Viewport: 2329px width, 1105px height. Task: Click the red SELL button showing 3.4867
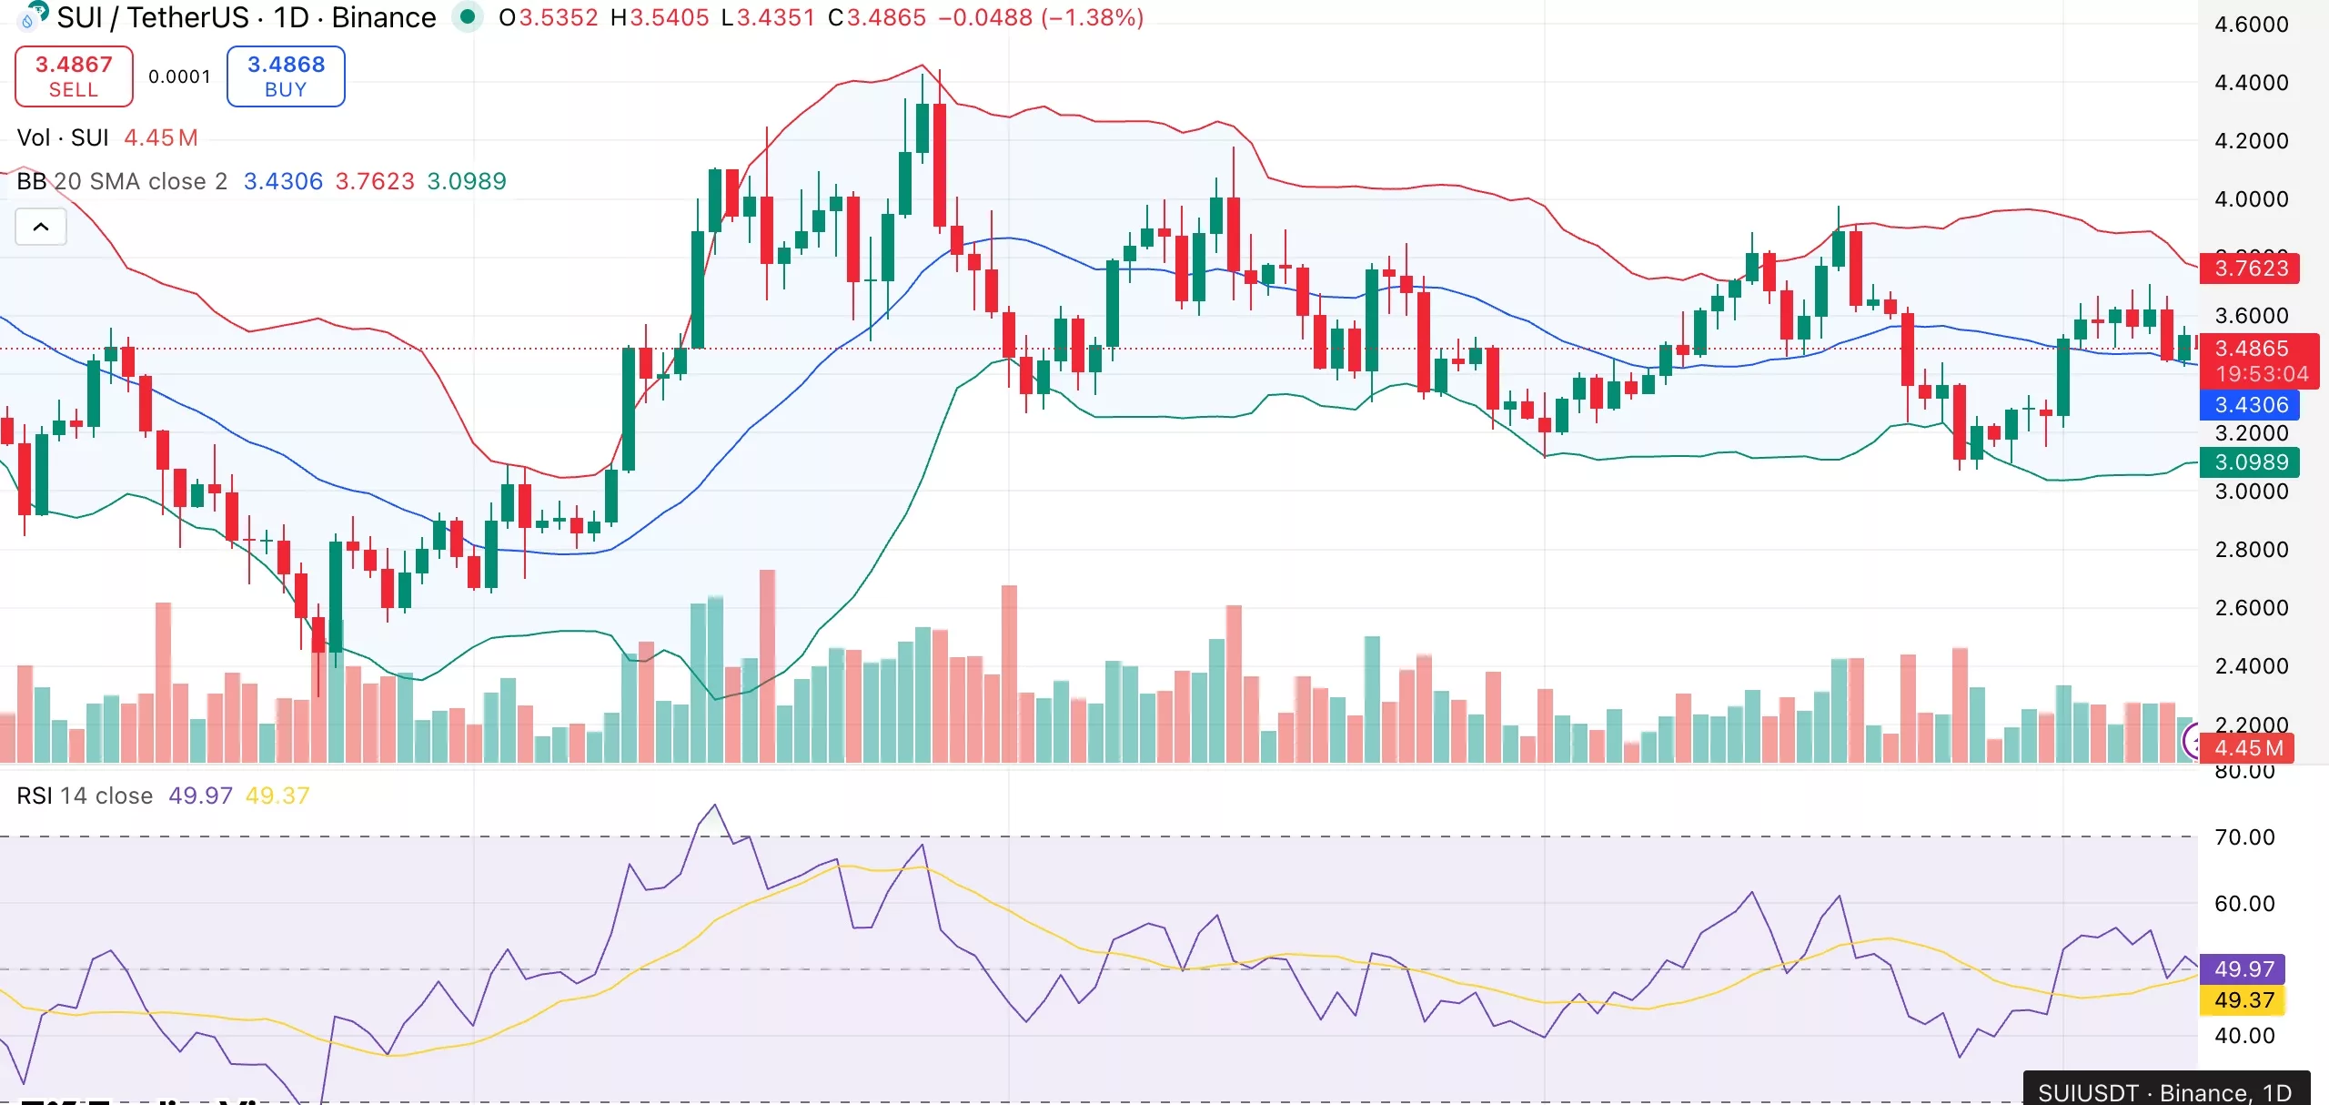(74, 76)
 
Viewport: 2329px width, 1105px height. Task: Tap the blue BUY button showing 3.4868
(286, 76)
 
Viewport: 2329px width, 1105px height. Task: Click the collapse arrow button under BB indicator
(41, 227)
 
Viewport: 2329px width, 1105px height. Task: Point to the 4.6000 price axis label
(2251, 25)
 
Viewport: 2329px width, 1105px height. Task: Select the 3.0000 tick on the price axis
(2251, 492)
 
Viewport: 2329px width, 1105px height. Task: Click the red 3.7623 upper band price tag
(2251, 269)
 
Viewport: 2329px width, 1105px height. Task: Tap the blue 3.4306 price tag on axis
(2251, 405)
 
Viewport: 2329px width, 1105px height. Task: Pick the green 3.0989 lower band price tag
(2251, 462)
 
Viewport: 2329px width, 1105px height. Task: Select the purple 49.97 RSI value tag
(2243, 969)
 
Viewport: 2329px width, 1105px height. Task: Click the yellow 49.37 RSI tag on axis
(2243, 1000)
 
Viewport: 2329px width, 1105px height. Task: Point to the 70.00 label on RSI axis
(2243, 837)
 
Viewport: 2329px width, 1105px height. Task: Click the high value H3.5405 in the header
(660, 17)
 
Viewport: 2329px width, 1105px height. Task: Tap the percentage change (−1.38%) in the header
(1092, 17)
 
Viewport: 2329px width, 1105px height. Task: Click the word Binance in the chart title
(383, 17)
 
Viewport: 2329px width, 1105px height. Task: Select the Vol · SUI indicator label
(63, 137)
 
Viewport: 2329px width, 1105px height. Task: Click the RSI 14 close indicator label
(85, 796)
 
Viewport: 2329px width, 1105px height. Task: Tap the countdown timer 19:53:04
(2262, 374)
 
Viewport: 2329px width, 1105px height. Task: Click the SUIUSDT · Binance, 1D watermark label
(2164, 1092)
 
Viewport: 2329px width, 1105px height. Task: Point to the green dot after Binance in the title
(468, 16)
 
